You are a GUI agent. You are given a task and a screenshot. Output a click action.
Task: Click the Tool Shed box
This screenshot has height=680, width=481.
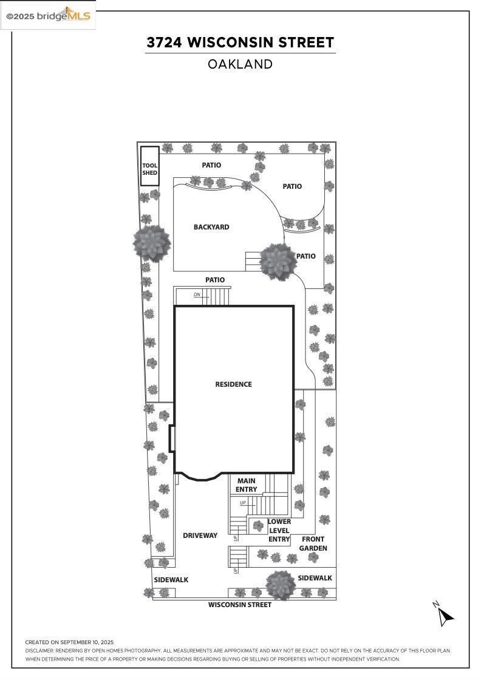click(x=149, y=166)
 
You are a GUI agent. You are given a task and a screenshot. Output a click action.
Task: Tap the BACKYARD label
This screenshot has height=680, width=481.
click(x=211, y=227)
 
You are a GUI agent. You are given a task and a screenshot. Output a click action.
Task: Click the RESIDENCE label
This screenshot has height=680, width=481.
click(x=233, y=384)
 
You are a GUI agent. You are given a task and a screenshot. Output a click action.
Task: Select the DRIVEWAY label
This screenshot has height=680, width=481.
click(x=200, y=535)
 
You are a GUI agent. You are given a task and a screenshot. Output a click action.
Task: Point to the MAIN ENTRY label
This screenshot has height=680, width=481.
click(x=247, y=485)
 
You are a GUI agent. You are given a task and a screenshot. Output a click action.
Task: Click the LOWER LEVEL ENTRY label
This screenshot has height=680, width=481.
click(x=279, y=531)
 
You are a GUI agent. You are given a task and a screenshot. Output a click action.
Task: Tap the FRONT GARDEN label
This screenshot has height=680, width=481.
click(x=313, y=543)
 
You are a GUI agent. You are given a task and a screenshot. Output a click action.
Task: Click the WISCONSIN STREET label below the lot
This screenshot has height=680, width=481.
click(x=240, y=605)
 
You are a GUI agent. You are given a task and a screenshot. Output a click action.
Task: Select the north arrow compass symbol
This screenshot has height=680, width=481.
click(x=444, y=614)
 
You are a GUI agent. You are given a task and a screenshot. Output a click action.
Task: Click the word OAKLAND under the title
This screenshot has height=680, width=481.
click(x=241, y=64)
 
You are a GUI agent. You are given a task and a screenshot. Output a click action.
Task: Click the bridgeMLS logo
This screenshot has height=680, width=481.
click(x=48, y=16)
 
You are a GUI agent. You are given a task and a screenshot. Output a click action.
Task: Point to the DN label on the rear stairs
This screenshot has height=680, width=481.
click(x=197, y=294)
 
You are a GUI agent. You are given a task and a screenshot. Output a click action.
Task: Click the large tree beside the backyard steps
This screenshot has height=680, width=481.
click(x=278, y=262)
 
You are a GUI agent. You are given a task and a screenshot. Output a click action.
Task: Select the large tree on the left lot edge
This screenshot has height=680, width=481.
click(x=152, y=243)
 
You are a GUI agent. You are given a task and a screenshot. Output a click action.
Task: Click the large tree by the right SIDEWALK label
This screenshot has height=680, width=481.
click(x=281, y=585)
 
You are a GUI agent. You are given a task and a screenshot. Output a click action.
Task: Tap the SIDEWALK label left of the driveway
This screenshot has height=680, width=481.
click(x=171, y=580)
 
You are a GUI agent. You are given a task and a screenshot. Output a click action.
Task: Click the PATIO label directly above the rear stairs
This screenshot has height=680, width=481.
click(x=215, y=280)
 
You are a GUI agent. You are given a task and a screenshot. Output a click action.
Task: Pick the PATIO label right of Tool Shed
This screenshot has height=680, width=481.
click(x=211, y=165)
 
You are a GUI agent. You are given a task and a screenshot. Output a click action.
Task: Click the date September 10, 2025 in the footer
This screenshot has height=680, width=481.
click(x=87, y=642)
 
